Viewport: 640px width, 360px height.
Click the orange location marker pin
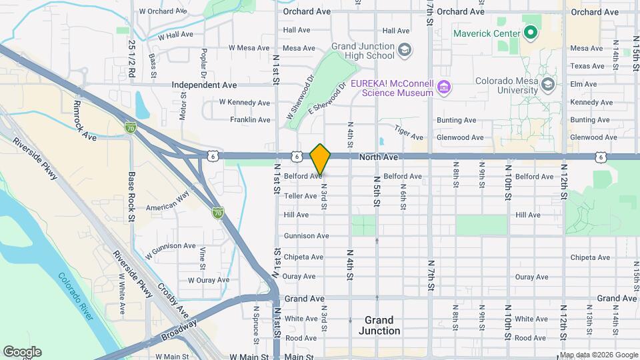click(321, 159)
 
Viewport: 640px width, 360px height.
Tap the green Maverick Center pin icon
click(531, 31)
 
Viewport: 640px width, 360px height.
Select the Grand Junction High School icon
click(404, 50)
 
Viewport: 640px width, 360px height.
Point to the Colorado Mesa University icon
click(548, 85)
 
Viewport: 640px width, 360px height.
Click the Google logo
click(22, 352)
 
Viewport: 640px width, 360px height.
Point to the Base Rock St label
click(132, 197)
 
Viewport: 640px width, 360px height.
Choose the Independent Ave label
click(204, 85)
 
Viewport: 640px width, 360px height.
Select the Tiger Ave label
click(409, 133)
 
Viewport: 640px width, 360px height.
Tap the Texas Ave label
click(587, 66)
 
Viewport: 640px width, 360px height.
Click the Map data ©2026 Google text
click(598, 355)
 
